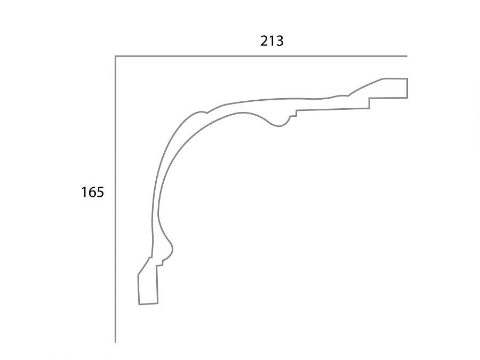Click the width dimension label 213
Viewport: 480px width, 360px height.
[271, 41]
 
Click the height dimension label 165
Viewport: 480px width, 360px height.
[92, 192]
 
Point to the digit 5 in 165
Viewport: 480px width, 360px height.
[100, 192]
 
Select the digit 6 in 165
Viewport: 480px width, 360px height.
[92, 192]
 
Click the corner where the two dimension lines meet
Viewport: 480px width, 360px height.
[115, 56]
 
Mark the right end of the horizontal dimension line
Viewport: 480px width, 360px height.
[407, 56]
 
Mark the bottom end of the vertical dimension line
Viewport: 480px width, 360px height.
[115, 342]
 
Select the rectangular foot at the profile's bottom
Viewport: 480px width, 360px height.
[148, 287]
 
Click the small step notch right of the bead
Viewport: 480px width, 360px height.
[293, 113]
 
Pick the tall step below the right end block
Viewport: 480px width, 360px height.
[369, 103]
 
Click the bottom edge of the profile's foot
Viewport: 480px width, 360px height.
[148, 304]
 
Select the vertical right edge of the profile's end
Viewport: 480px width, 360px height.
[407, 88]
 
